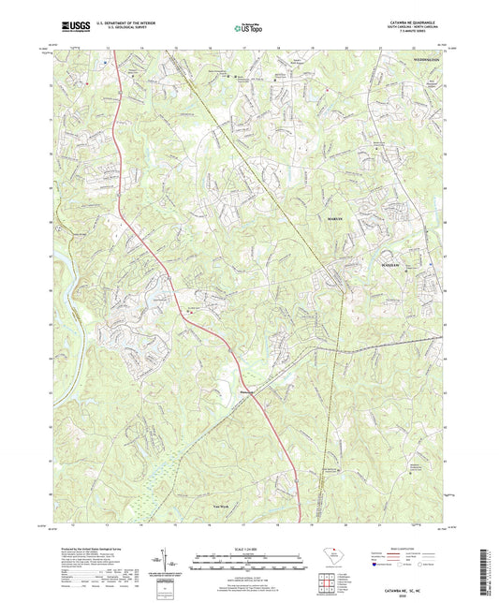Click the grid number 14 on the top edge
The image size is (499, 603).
(x=140, y=45)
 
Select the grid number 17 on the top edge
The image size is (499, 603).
(x=242, y=45)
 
